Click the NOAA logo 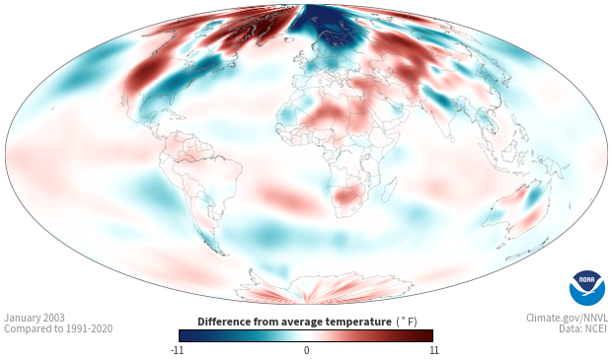click(x=587, y=288)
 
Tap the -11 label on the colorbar click(x=177, y=350)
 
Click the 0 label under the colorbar click(x=306, y=350)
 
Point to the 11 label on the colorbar click(x=433, y=350)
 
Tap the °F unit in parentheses click(x=407, y=322)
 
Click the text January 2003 click(x=35, y=318)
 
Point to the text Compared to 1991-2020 click(x=58, y=328)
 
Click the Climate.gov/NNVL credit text click(x=567, y=318)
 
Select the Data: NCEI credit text click(x=583, y=328)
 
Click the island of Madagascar click(x=389, y=189)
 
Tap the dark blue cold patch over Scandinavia click(x=326, y=28)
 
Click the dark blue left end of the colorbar click(x=185, y=335)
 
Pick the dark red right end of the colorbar click(x=425, y=335)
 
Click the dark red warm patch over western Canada click(x=144, y=73)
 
